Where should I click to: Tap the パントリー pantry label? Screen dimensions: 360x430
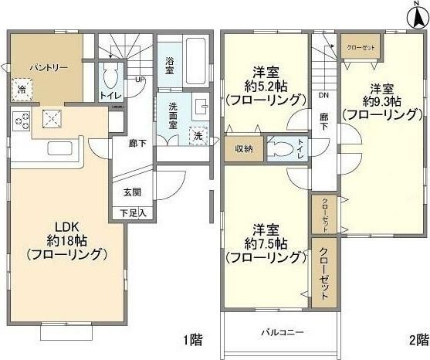coord(49,68)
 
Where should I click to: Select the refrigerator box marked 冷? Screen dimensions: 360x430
coord(22,90)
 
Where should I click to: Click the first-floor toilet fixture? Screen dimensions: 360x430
coord(109,77)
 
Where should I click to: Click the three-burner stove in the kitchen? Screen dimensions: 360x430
coord(21,121)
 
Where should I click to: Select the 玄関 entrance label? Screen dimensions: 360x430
coord(132,192)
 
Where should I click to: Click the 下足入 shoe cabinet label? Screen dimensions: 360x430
coord(132,211)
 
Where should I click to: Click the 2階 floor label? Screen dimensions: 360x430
coord(418,339)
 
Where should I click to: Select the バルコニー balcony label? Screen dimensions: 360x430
coord(281,333)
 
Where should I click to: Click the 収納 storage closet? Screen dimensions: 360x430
coord(243,149)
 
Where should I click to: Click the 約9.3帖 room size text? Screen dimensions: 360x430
coord(384,101)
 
